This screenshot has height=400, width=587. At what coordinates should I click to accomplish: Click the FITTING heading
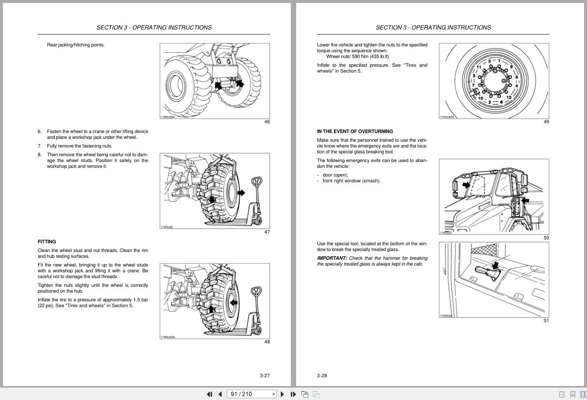47,241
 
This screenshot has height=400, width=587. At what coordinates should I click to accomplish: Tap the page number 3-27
265,375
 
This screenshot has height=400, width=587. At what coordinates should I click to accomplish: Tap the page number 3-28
322,375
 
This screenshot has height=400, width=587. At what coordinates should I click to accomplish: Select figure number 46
267,122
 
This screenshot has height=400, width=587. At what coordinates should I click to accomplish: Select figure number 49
546,122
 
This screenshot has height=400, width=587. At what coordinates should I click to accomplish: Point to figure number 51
546,321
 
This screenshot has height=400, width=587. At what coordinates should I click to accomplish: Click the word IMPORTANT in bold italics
332,258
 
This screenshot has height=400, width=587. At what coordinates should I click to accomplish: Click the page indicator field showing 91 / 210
248,394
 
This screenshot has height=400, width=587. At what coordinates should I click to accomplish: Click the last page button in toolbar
293,394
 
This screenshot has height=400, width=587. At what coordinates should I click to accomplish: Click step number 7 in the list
40,146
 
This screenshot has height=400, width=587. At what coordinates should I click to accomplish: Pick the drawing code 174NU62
166,227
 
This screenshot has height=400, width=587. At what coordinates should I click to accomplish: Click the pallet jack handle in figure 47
256,183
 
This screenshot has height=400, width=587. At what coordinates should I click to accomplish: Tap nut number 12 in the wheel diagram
509,98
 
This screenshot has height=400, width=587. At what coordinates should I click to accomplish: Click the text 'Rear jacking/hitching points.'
75,45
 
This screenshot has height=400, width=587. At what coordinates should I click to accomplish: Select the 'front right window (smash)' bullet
351,181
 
